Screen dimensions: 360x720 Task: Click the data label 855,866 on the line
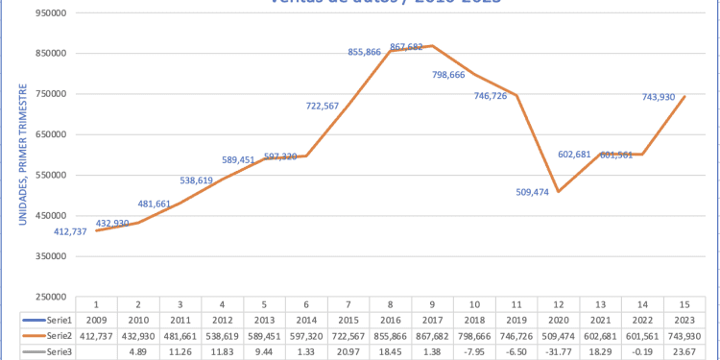click(366, 53)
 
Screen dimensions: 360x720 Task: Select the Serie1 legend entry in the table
click(45, 318)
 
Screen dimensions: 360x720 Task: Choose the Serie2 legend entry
click(45, 335)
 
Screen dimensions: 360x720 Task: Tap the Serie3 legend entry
click(45, 352)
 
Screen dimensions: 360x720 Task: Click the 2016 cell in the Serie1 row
click(391, 318)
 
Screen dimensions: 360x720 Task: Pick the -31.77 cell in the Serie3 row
click(560, 352)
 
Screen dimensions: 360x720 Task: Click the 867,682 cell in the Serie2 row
click(433, 335)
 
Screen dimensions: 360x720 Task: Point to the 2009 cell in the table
click(97, 318)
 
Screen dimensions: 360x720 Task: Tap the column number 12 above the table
click(560, 301)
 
